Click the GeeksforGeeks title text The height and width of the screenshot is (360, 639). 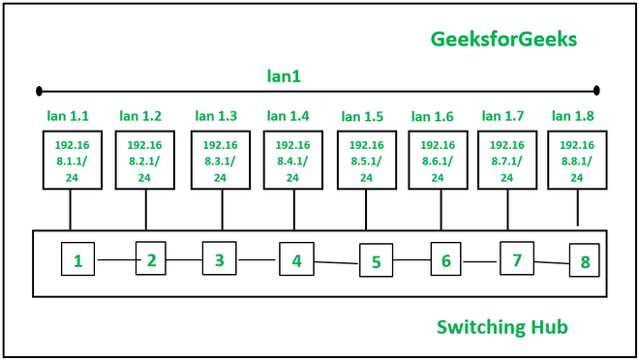click(x=503, y=39)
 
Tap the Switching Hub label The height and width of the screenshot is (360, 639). click(x=502, y=327)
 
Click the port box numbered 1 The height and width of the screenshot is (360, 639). click(x=77, y=259)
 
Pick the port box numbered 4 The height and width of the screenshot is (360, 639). click(x=296, y=258)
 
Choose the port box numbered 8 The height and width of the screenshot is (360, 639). click(x=585, y=261)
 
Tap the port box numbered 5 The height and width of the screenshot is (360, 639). click(x=376, y=261)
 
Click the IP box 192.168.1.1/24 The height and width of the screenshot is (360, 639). click(x=70, y=160)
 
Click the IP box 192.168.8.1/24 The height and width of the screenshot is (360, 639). click(x=577, y=160)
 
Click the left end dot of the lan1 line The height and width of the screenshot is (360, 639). click(x=39, y=91)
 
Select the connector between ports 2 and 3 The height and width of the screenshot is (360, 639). click(x=184, y=259)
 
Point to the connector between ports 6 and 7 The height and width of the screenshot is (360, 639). click(x=480, y=260)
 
